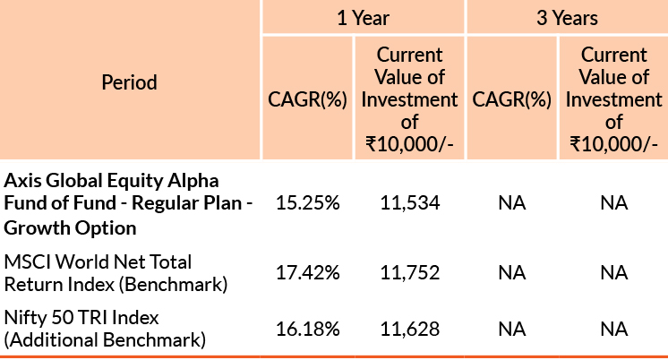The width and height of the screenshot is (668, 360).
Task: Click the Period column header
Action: (x=129, y=83)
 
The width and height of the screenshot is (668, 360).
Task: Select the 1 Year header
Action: (x=364, y=17)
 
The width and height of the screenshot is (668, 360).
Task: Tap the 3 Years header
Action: (x=568, y=17)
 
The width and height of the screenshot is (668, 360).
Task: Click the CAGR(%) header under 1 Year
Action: (x=307, y=99)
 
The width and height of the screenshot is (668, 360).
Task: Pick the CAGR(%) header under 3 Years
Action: (x=511, y=99)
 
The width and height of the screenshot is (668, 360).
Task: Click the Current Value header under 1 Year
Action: (x=409, y=99)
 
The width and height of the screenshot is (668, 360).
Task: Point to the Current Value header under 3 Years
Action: (x=613, y=99)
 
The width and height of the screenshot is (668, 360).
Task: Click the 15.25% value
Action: (x=307, y=203)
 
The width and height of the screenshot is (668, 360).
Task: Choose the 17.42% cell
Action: (x=307, y=271)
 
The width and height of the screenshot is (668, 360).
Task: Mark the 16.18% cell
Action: (x=307, y=329)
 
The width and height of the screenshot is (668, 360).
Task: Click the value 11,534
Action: (x=410, y=203)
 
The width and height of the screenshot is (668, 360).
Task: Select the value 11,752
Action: (x=410, y=271)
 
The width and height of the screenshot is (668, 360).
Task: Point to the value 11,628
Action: (x=410, y=329)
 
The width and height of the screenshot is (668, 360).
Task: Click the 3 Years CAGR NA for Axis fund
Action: (x=511, y=203)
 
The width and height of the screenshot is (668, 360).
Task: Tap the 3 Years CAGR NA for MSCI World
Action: (x=511, y=271)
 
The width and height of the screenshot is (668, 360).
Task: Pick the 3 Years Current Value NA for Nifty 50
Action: (x=613, y=329)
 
